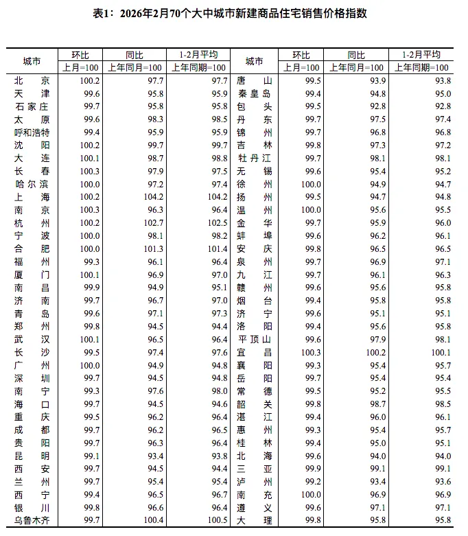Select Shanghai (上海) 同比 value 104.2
(149, 196)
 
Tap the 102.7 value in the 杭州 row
(149, 222)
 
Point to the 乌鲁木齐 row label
(32, 521)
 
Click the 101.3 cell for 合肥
(149, 248)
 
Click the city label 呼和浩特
(32, 132)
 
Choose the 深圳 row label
(32, 378)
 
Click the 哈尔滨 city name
(32, 184)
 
